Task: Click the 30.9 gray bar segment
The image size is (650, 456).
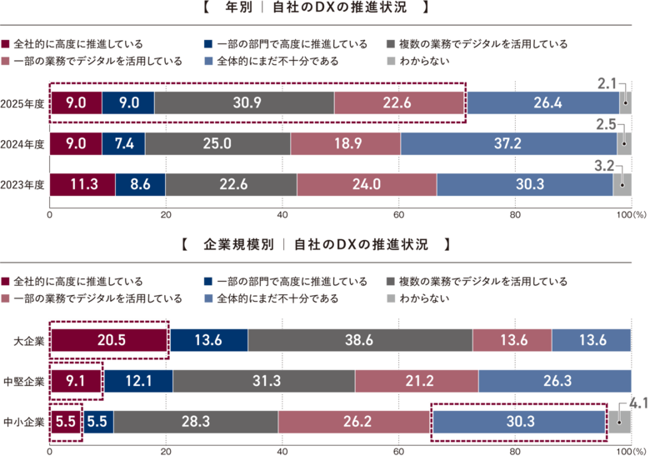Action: click(244, 103)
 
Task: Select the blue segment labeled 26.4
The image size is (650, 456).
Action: click(542, 103)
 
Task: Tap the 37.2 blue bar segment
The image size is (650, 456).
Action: click(507, 143)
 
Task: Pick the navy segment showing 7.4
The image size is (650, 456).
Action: click(124, 143)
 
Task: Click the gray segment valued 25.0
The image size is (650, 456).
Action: click(217, 143)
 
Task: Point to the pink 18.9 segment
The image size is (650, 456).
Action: click(345, 143)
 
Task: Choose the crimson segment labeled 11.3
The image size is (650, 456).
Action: click(82, 184)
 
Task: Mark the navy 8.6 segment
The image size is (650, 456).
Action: click(139, 184)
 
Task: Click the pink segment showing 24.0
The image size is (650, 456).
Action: click(366, 184)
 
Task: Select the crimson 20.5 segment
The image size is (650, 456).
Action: click(110, 340)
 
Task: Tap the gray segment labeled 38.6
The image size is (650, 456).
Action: click(359, 340)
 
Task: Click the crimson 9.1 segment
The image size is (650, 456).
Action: click(77, 381)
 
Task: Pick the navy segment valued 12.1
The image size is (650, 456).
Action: click(138, 381)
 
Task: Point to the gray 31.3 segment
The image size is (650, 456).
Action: click(263, 381)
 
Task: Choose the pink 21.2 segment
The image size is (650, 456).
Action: click(416, 381)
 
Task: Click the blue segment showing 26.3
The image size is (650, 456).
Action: click(554, 381)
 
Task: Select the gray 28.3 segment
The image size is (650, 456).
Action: click(196, 422)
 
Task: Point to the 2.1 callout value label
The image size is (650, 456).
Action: click(607, 83)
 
